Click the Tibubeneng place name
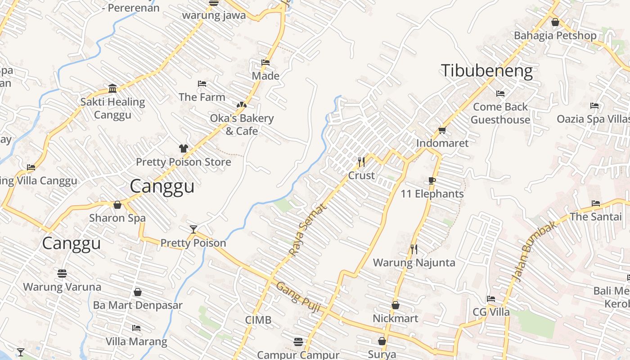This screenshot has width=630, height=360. pyautogui.click(x=486, y=71)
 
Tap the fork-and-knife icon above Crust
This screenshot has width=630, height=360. pyautogui.click(x=361, y=161)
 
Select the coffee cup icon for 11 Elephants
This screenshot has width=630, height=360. pyautogui.click(x=432, y=181)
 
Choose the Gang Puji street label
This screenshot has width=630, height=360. pyautogui.click(x=297, y=297)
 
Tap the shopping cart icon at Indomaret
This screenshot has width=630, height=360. pyautogui.click(x=442, y=130)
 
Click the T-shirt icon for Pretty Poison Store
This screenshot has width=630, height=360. pyautogui.click(x=183, y=148)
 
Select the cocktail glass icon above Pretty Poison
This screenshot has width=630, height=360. pyautogui.click(x=193, y=229)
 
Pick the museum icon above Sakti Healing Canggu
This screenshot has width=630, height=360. pyautogui.click(x=112, y=88)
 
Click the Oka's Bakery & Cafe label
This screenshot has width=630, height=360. pyautogui.click(x=242, y=125)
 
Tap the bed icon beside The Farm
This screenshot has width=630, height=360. pyautogui.click(x=202, y=84)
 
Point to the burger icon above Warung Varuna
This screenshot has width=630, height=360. pyautogui.click(x=62, y=274)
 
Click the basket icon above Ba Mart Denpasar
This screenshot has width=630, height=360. pyautogui.click(x=138, y=292)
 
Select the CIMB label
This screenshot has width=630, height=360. pyautogui.click(x=258, y=320)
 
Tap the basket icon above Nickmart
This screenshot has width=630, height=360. pyautogui.click(x=395, y=305)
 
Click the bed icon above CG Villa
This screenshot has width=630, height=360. pyautogui.click(x=491, y=299)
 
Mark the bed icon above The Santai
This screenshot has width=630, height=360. pyautogui.click(x=596, y=203)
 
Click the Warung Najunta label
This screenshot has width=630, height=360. pyautogui.click(x=414, y=262)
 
